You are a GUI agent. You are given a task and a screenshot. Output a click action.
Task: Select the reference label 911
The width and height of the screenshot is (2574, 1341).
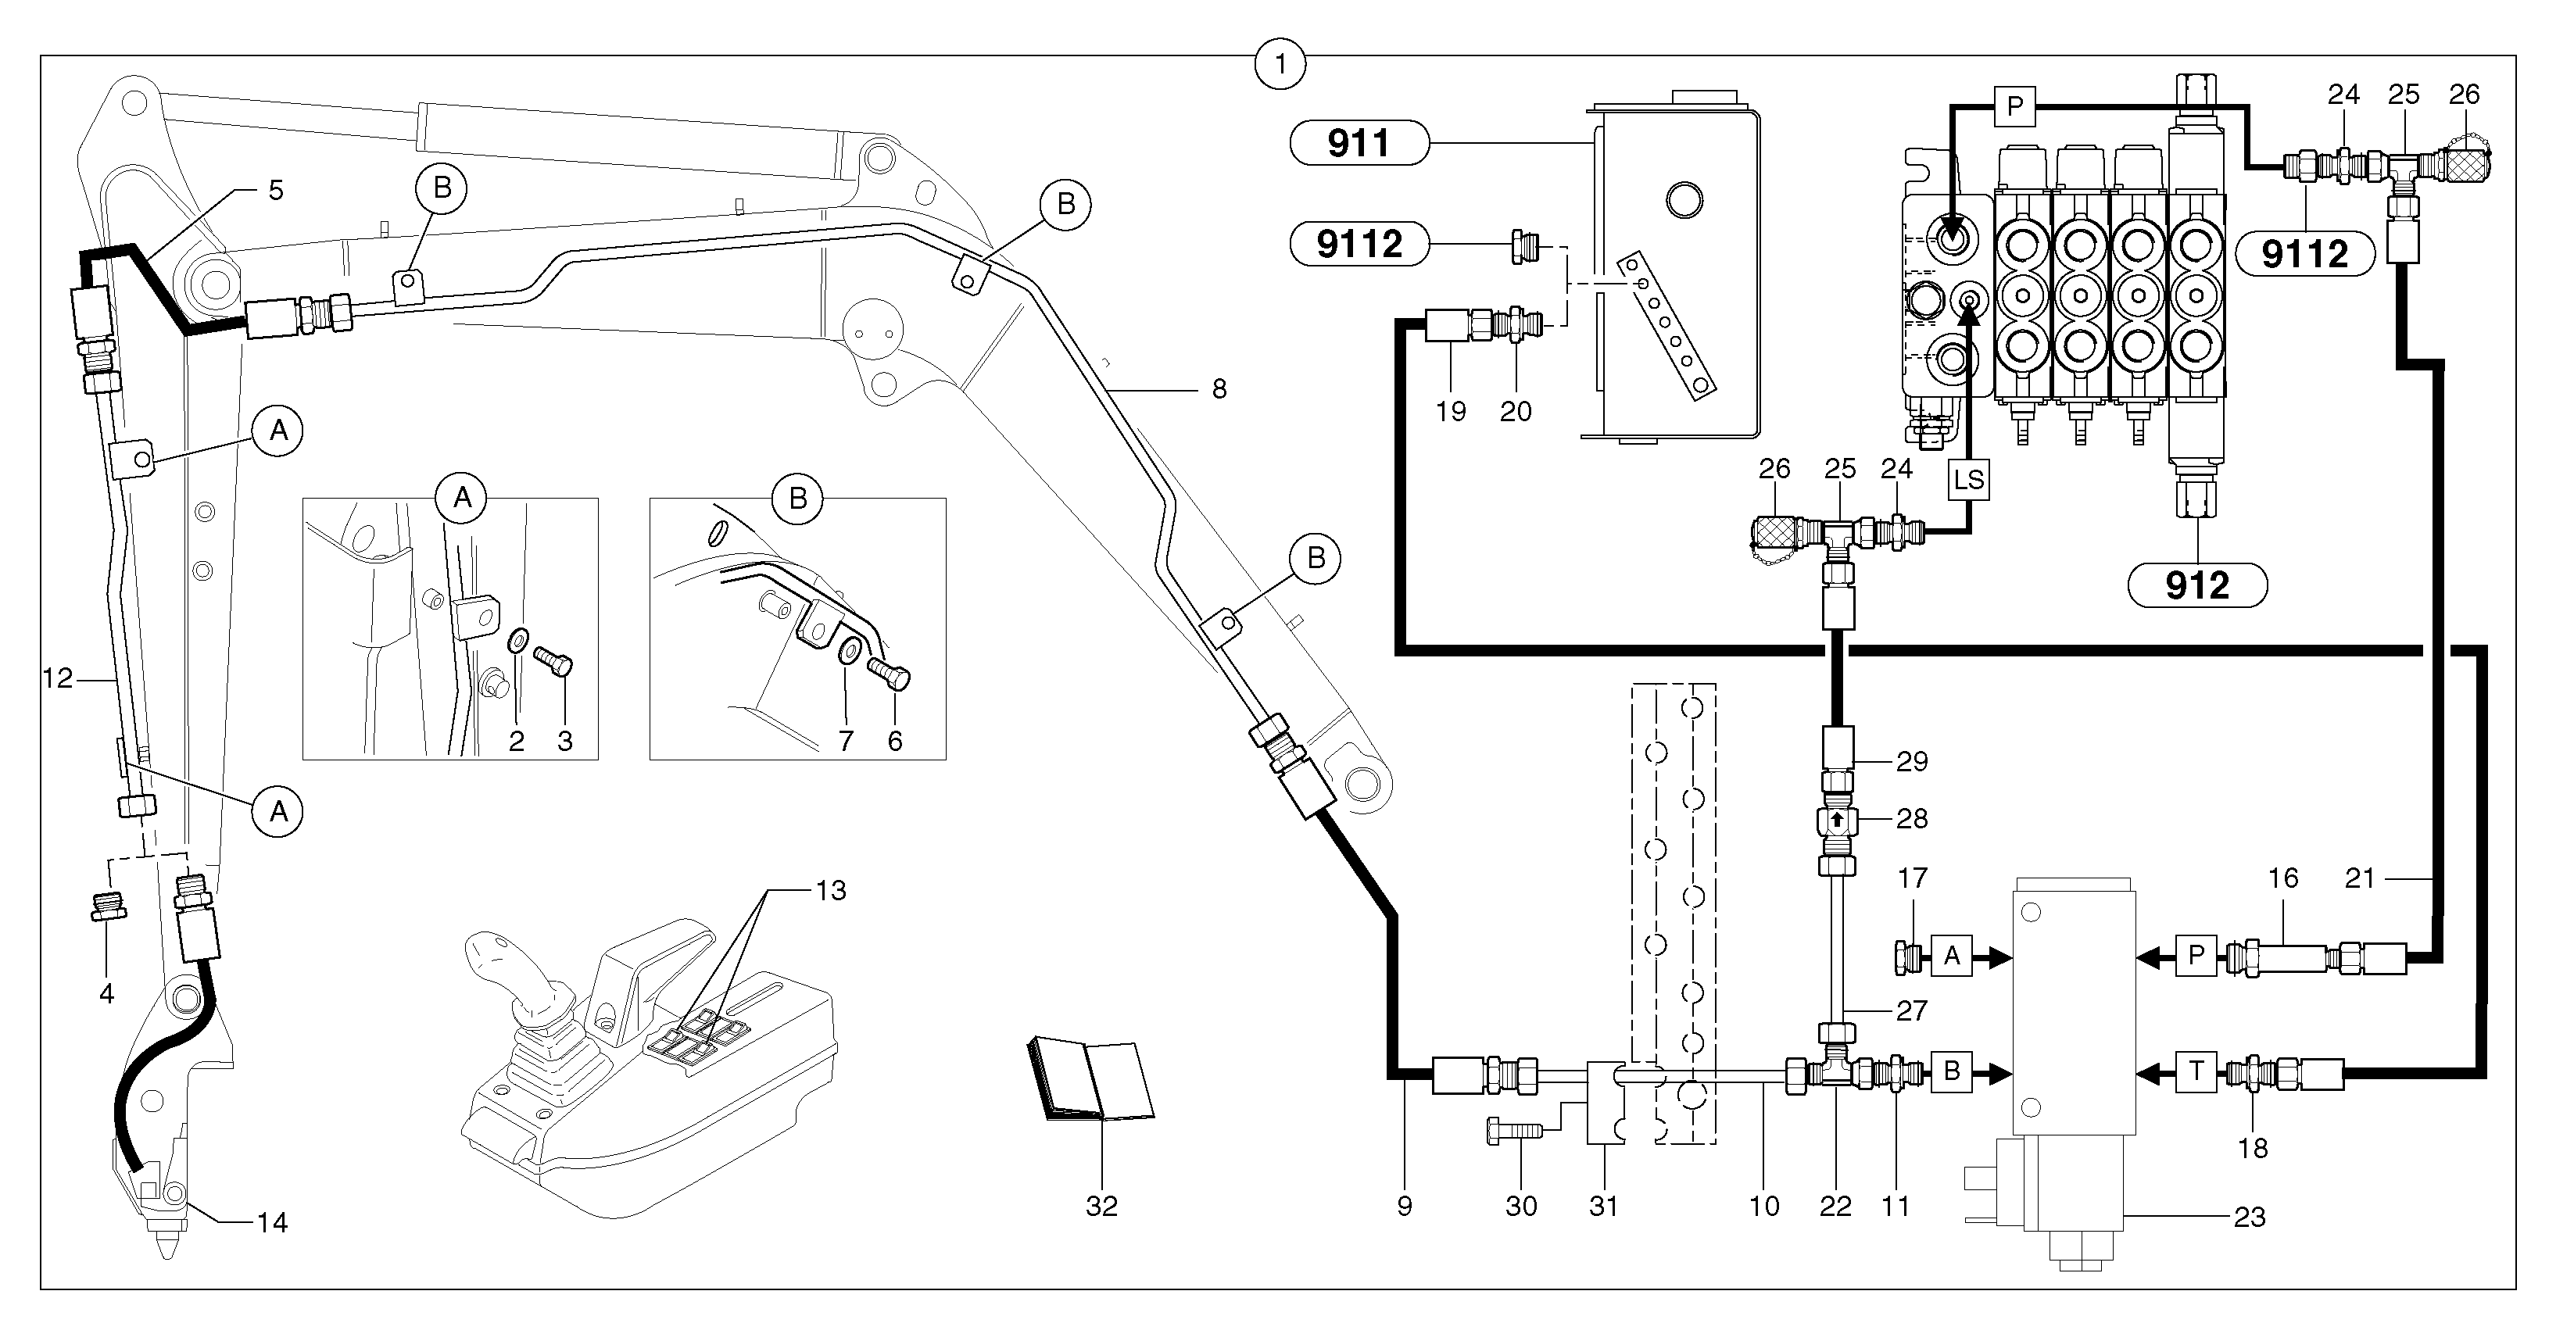[x=1359, y=144]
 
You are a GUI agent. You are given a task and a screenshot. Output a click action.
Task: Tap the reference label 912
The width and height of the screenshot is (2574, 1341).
[x=2197, y=585]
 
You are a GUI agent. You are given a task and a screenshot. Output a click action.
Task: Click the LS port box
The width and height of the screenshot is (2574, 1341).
[x=1968, y=480]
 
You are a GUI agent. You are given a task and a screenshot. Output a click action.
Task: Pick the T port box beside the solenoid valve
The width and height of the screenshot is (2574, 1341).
[x=2196, y=1071]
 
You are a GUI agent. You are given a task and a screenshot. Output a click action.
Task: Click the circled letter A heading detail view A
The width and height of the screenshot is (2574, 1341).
[x=462, y=498]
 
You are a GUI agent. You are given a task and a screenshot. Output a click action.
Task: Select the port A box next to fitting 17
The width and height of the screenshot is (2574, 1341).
[x=1952, y=957]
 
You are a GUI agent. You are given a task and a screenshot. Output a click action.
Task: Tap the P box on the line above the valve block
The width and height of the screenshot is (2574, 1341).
[x=2014, y=107]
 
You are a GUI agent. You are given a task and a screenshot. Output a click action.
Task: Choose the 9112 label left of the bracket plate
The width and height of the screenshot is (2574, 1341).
[x=1359, y=244]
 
